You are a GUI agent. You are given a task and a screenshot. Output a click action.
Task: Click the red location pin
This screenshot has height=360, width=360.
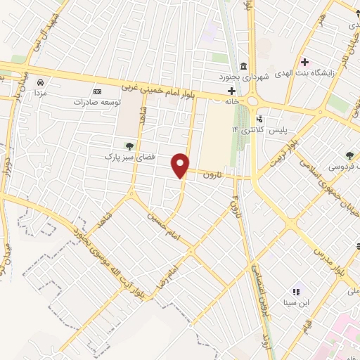[181, 165]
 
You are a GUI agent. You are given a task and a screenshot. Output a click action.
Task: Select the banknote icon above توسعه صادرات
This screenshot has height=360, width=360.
[97, 91]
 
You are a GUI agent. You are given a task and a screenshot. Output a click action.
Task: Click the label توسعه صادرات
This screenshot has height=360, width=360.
[97, 101]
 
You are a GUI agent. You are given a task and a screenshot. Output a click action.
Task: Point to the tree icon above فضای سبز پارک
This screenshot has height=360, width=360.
[129, 146]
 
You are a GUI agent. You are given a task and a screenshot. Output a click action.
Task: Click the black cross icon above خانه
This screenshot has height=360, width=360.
[231, 91]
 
